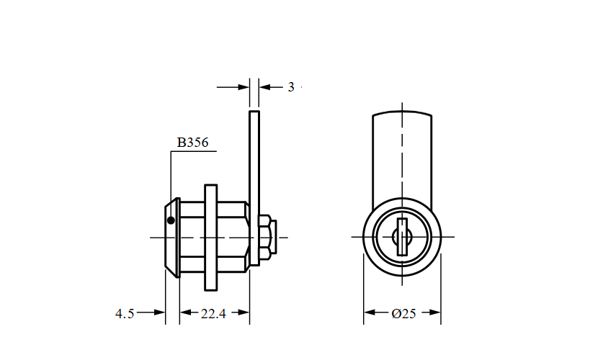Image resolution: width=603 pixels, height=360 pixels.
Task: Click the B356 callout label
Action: pyautogui.click(x=192, y=143)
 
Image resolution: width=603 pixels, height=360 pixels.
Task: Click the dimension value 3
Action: pyautogui.click(x=291, y=87)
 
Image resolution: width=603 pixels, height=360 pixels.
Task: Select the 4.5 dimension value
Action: pyautogui.click(x=125, y=313)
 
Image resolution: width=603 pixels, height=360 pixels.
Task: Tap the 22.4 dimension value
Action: pyautogui.click(x=214, y=313)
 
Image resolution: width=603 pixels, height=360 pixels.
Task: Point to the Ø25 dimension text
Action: pyautogui.click(x=403, y=313)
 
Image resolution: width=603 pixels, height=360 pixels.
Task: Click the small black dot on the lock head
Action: pyautogui.click(x=171, y=221)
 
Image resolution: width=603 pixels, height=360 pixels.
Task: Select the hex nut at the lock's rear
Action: pyautogui.click(x=265, y=238)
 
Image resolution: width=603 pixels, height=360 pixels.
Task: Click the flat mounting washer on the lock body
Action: pyautogui.click(x=210, y=238)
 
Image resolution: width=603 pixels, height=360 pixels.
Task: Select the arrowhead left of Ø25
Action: pyautogui.click(x=370, y=313)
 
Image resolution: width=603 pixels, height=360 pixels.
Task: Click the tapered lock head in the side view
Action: pyautogui.click(x=172, y=238)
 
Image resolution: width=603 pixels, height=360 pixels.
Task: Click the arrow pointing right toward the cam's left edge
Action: pyautogui.click(x=243, y=87)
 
